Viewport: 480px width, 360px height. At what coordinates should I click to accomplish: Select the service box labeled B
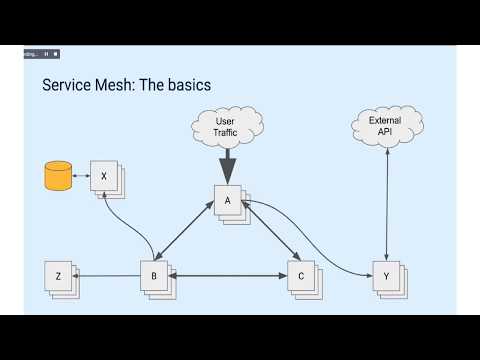tap(153, 275)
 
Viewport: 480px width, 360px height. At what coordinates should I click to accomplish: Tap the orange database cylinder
tap(58, 176)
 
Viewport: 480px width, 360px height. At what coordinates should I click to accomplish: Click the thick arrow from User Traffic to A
tap(227, 164)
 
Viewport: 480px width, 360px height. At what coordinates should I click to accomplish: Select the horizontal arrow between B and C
tap(227, 275)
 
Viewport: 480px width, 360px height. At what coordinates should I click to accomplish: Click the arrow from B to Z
tap(106, 275)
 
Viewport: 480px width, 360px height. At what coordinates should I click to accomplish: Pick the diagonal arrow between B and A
tap(184, 234)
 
